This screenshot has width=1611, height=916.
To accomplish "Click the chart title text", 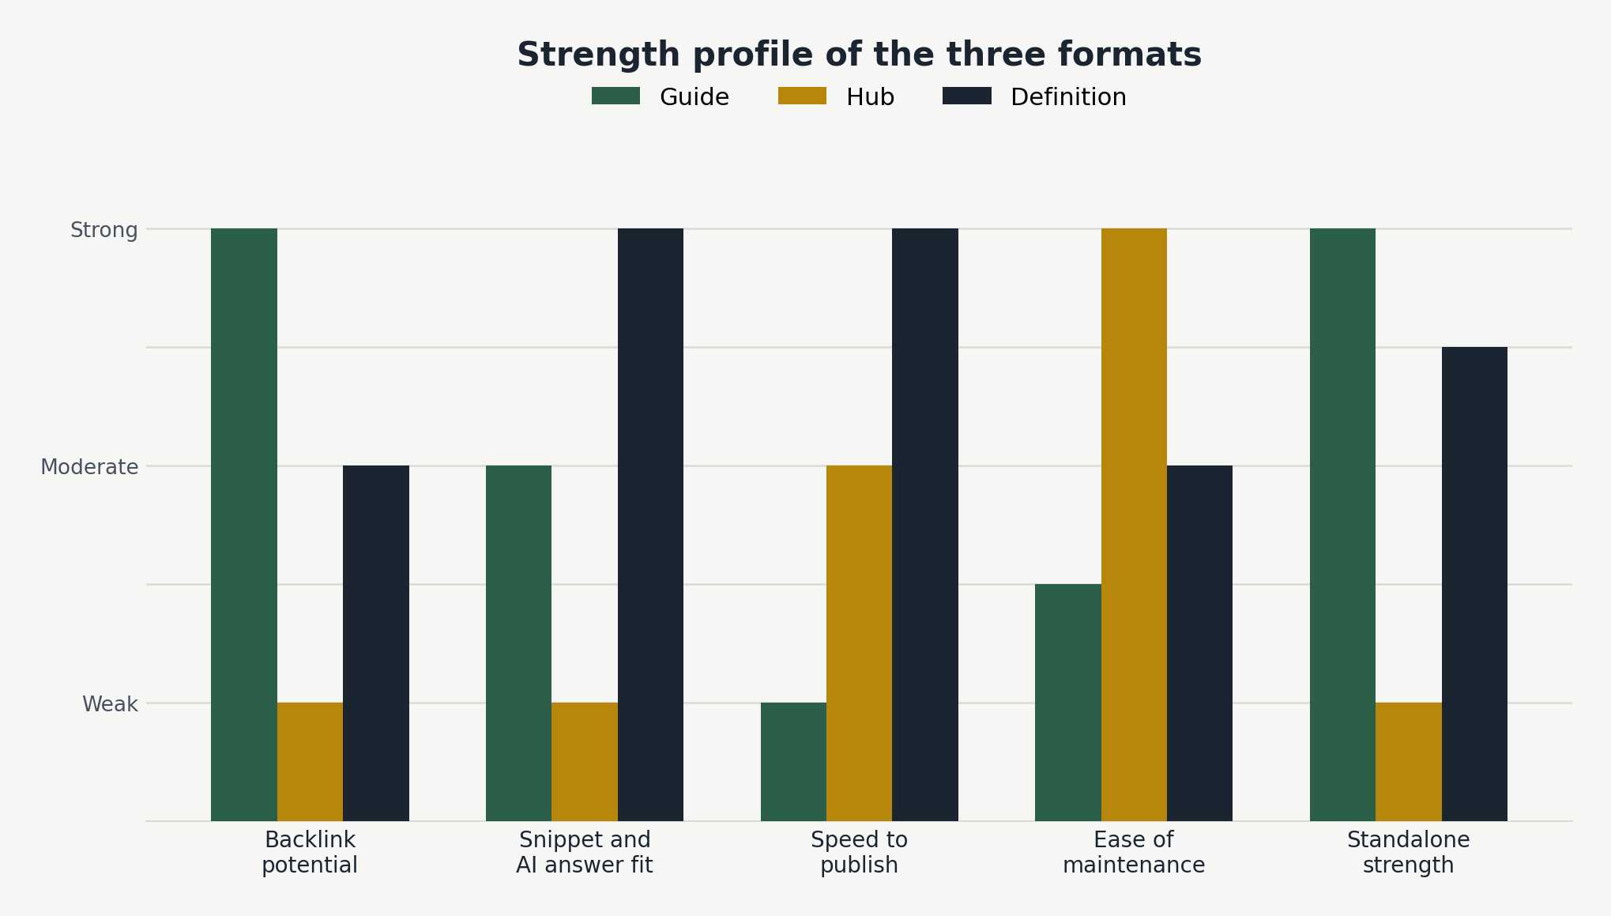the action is click(859, 55).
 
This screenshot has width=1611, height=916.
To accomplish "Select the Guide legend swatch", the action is click(615, 96).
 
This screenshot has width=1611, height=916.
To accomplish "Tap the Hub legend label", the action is click(870, 97).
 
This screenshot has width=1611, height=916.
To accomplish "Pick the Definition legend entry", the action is click(1034, 97).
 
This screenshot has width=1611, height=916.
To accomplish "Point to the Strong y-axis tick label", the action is click(104, 230).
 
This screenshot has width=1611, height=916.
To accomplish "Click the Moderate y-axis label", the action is click(89, 467).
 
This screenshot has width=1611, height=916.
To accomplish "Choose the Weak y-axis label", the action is click(110, 704).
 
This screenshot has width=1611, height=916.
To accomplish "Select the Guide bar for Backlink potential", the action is click(244, 525).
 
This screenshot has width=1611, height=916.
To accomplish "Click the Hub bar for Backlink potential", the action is click(310, 762).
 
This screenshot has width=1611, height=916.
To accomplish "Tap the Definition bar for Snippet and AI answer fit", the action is click(650, 525).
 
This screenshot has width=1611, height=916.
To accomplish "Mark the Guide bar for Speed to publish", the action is click(793, 762).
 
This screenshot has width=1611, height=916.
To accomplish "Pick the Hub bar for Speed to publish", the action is click(859, 643).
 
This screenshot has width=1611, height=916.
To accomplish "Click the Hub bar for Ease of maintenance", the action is click(1134, 525).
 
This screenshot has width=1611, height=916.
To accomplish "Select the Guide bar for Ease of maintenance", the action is click(1068, 703).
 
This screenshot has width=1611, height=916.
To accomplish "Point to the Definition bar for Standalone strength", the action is click(1474, 584).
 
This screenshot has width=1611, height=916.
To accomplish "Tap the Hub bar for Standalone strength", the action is click(1409, 762).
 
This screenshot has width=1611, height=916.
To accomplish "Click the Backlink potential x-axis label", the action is click(310, 852).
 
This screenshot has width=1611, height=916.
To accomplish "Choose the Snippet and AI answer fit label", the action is click(585, 852).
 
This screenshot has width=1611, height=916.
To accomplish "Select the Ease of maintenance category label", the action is click(1134, 852).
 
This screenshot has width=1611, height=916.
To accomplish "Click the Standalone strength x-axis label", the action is click(1409, 852).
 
